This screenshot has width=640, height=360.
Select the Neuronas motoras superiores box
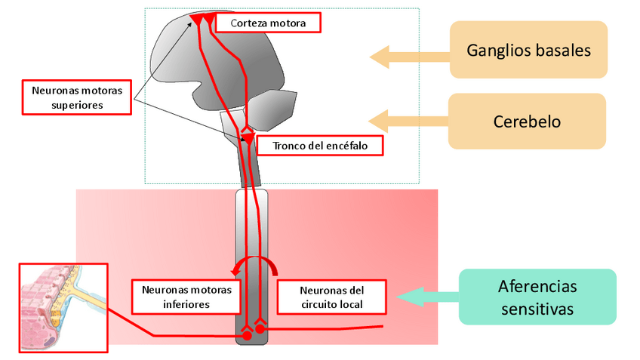click(x=76, y=97)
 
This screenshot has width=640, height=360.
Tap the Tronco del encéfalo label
click(x=321, y=144)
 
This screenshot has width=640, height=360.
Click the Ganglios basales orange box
click(x=528, y=50)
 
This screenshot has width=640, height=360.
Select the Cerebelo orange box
click(x=528, y=121)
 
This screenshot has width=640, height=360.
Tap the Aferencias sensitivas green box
click(x=537, y=297)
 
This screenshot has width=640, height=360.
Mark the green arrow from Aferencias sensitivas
click(x=427, y=297)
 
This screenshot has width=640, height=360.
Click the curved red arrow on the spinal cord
click(x=255, y=263)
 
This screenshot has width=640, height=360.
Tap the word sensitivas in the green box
click(x=537, y=309)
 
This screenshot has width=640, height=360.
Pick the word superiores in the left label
click(x=76, y=106)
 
